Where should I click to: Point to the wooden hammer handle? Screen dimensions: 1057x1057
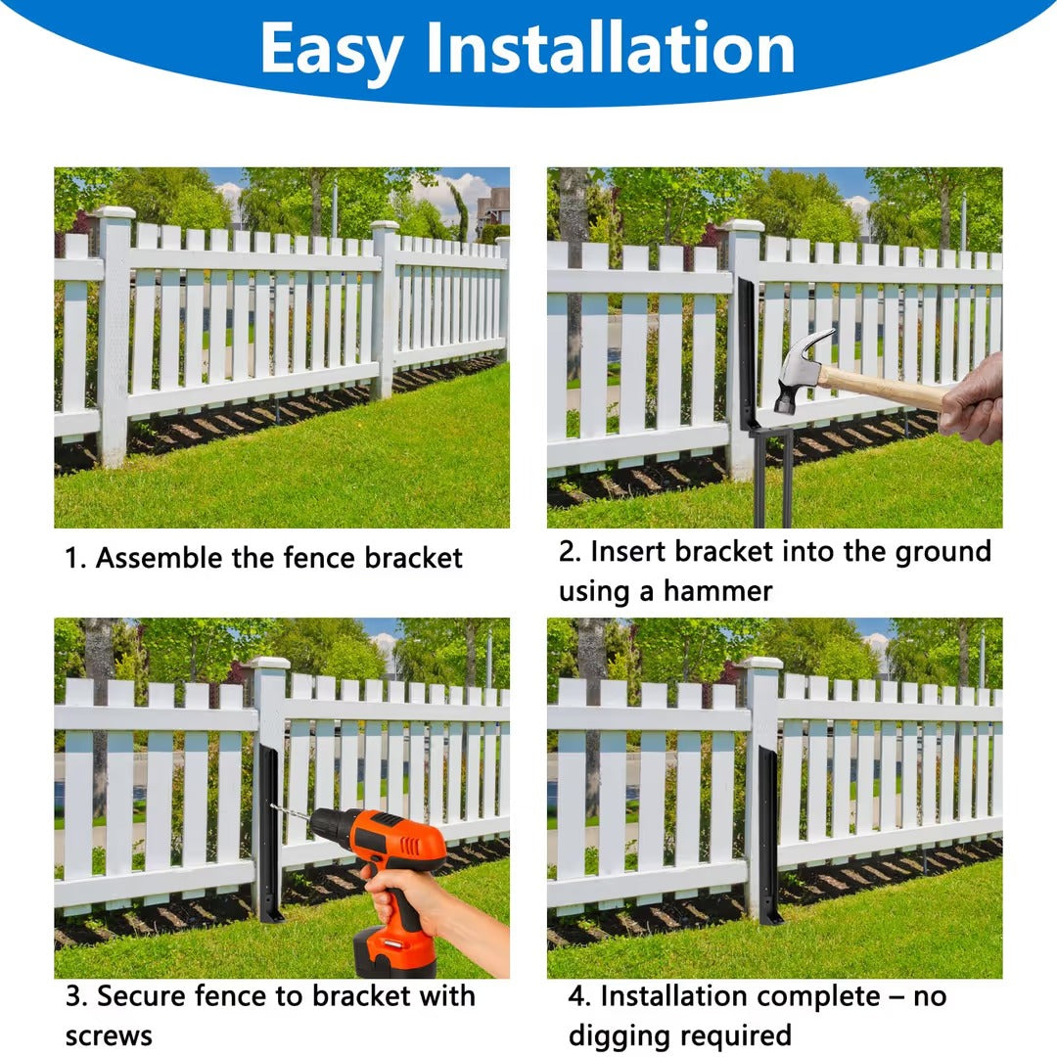point(883,387)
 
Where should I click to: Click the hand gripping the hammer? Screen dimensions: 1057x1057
point(973,400)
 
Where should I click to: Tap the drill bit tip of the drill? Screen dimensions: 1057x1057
point(272,805)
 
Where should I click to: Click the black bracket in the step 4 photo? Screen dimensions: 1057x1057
point(767,835)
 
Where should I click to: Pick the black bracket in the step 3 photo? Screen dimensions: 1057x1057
point(270,833)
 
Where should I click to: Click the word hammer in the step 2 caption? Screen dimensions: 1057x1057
point(717,591)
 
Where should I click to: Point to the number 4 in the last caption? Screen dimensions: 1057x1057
point(575,996)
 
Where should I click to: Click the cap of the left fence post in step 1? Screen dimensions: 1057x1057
point(115,213)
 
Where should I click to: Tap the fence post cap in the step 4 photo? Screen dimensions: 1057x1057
point(761,664)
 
